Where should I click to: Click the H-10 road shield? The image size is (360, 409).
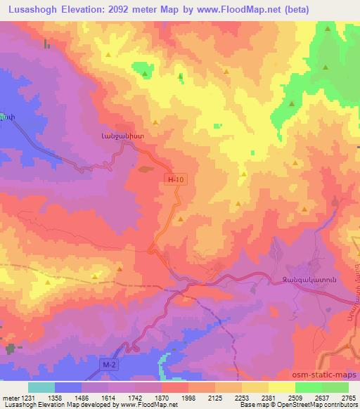tap(176, 181)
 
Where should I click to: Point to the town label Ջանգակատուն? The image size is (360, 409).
tap(310, 279)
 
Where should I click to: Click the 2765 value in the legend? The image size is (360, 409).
tap(348, 398)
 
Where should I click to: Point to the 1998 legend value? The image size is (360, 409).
tap(188, 398)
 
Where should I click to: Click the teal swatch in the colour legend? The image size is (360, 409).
tap(41, 387)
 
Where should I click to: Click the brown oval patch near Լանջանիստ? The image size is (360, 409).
tap(146, 169)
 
